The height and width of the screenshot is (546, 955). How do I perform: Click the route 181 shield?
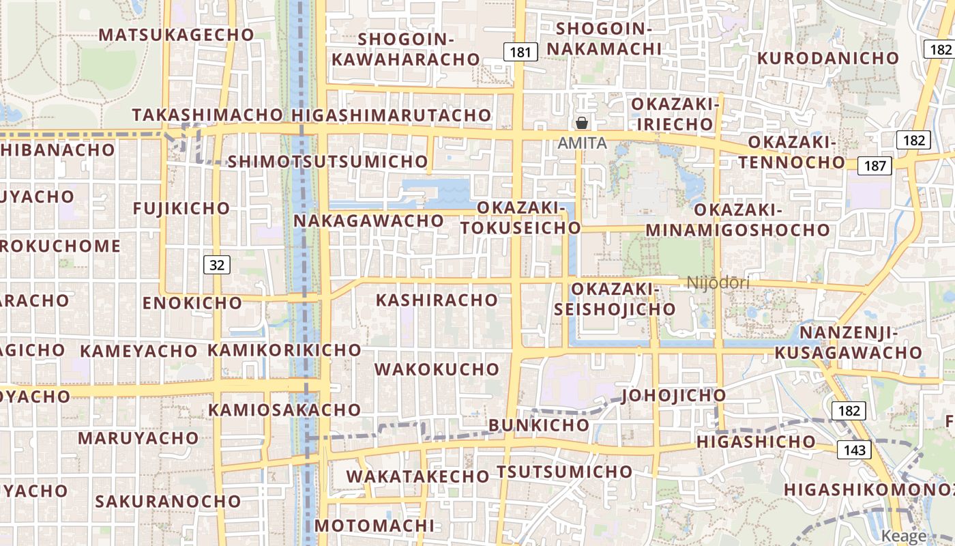coord(520,51)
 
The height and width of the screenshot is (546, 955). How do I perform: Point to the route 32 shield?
coord(217,265)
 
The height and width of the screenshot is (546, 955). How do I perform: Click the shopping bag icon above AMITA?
coord(582,123)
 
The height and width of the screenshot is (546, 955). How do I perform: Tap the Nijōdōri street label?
coord(718,283)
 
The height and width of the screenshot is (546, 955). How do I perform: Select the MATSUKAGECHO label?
coord(177,34)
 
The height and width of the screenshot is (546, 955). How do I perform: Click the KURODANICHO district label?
coord(828,58)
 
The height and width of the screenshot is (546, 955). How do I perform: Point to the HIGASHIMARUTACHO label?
coord(392,115)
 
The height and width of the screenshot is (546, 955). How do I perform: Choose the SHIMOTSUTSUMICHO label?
coord(327,162)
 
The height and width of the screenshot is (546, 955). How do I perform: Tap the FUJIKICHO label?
coord(182,208)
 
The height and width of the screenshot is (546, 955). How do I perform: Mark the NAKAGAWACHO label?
coord(369,221)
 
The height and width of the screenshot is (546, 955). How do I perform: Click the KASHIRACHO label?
coord(437,300)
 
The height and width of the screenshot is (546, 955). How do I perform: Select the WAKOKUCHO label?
coord(437,369)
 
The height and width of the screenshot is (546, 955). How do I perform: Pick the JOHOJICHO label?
coord(674,396)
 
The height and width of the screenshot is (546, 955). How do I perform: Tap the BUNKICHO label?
coord(539,425)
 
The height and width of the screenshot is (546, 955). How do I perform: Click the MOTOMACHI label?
coord(374,526)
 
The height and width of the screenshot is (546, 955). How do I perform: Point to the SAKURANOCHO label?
coord(168,502)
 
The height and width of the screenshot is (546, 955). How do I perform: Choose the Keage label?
coord(905,536)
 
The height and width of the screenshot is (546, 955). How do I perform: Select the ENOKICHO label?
coord(192,302)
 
